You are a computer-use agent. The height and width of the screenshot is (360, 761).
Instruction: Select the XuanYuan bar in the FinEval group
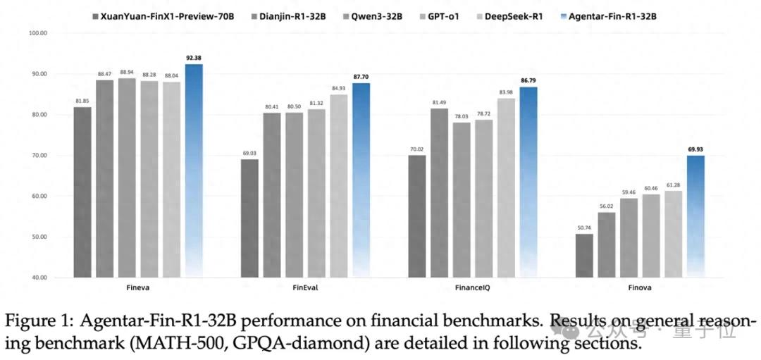(249, 218)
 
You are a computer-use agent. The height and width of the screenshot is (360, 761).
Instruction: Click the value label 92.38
(194, 56)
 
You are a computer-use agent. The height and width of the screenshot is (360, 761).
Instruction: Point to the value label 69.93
(695, 148)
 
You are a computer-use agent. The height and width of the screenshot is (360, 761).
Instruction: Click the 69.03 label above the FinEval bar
(249, 151)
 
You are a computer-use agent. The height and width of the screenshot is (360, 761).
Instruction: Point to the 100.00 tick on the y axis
(37, 33)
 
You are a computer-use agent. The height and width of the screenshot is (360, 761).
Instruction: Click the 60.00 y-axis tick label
(37, 196)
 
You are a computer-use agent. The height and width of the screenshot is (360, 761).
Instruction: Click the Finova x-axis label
(640, 288)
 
